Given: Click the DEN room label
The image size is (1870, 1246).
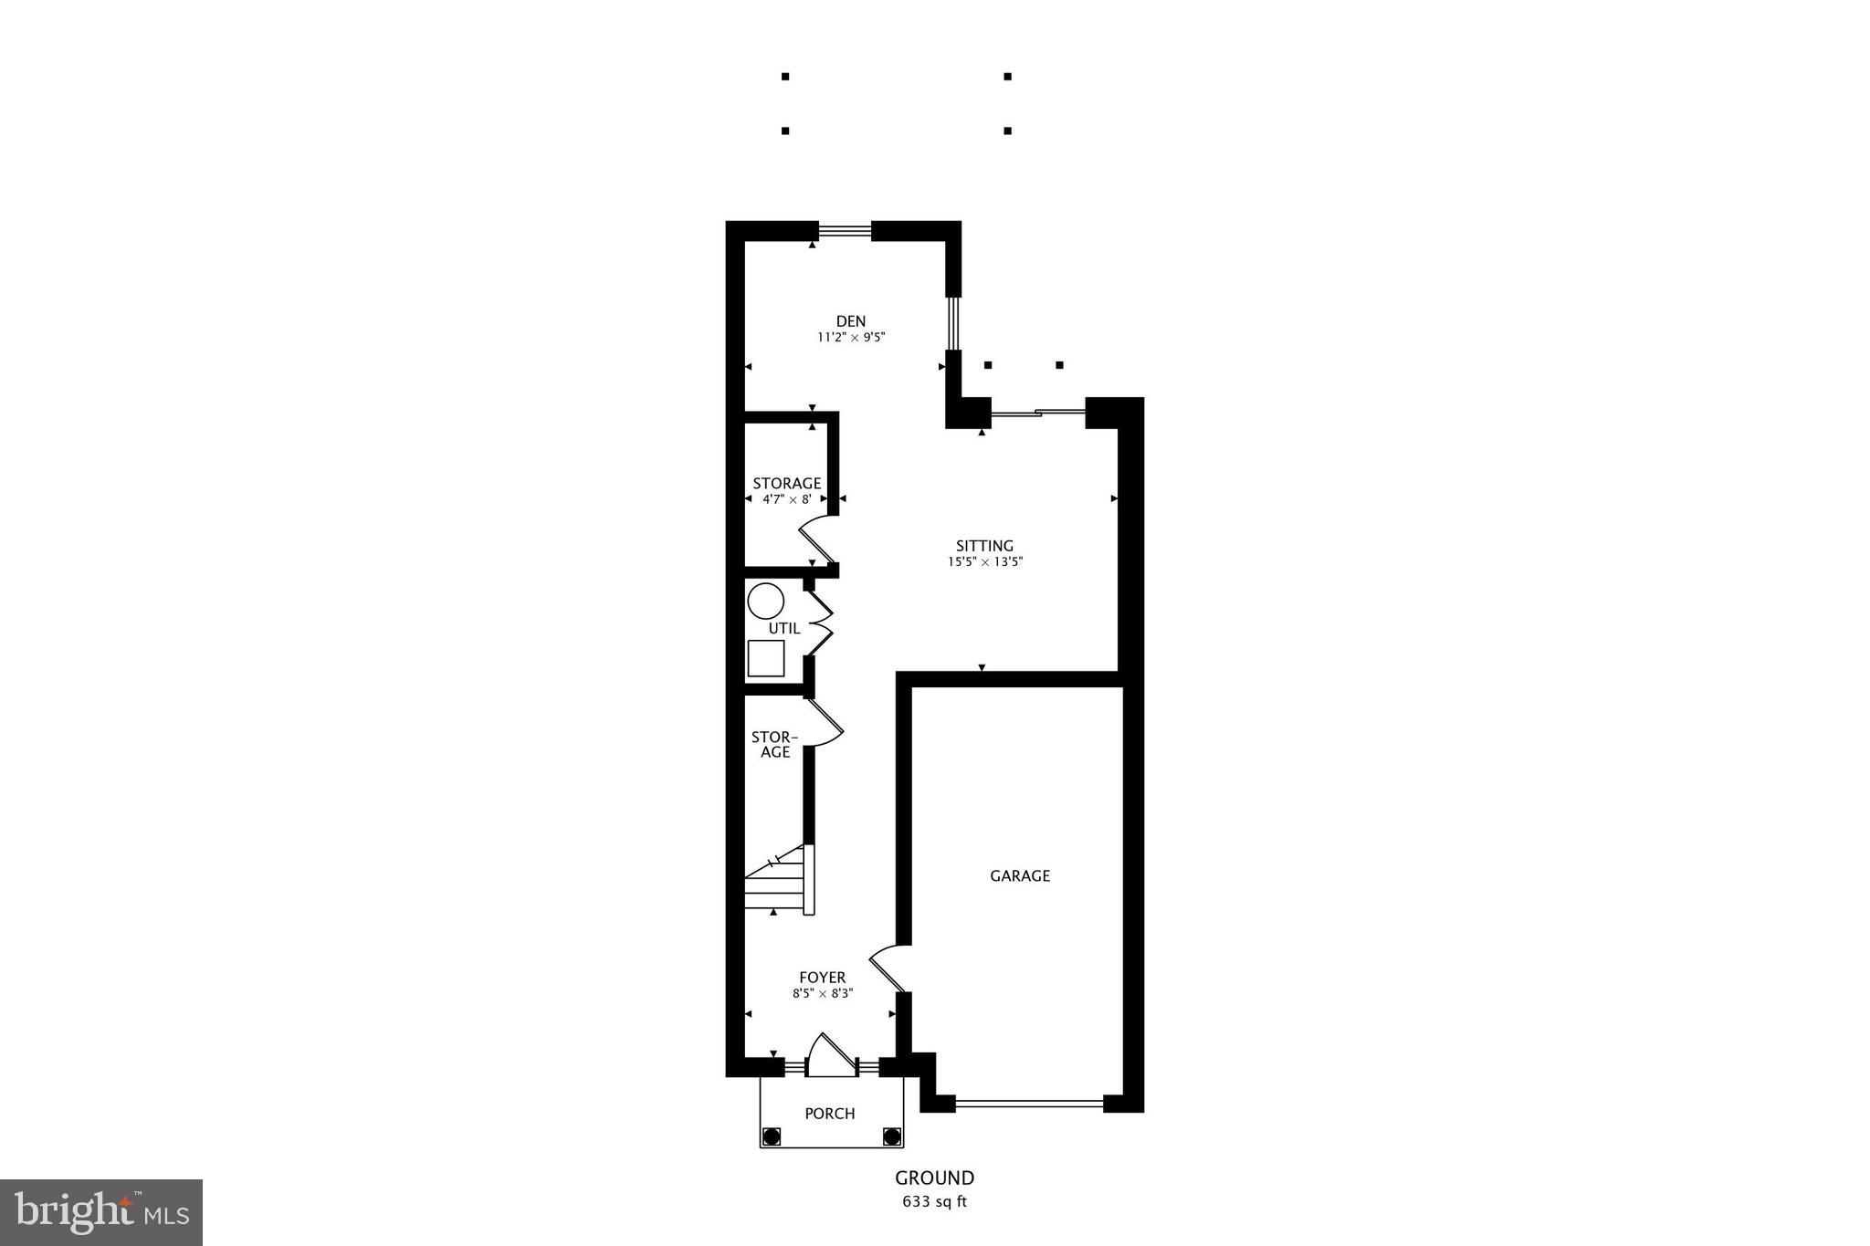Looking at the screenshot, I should (x=851, y=321).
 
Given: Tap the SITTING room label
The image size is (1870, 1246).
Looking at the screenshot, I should (x=984, y=546).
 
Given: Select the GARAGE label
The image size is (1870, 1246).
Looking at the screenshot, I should (x=1020, y=875).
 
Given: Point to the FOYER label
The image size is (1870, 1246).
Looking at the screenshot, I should (x=823, y=978).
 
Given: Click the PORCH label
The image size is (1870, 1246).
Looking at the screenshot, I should (x=830, y=1114).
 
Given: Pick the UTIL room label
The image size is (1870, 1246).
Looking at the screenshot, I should (x=784, y=628).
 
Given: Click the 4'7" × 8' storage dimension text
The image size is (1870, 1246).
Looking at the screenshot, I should (x=787, y=499).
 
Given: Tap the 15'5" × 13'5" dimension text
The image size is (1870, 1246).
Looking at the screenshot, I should (x=984, y=562).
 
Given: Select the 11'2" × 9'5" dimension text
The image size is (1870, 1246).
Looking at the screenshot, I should (x=851, y=337).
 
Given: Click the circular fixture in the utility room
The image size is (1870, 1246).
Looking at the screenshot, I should (x=765, y=602).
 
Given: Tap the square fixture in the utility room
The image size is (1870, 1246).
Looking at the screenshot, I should (x=765, y=658).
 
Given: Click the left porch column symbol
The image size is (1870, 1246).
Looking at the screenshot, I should (x=772, y=1136).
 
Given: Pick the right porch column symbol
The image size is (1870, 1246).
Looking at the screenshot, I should (x=892, y=1136).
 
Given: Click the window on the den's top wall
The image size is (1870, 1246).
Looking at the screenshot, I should (x=845, y=231).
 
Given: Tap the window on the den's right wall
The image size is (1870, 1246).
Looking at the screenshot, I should (x=953, y=323).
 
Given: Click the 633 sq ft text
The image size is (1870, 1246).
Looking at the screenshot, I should (x=934, y=1201).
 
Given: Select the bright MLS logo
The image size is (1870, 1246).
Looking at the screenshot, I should (x=101, y=1212).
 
